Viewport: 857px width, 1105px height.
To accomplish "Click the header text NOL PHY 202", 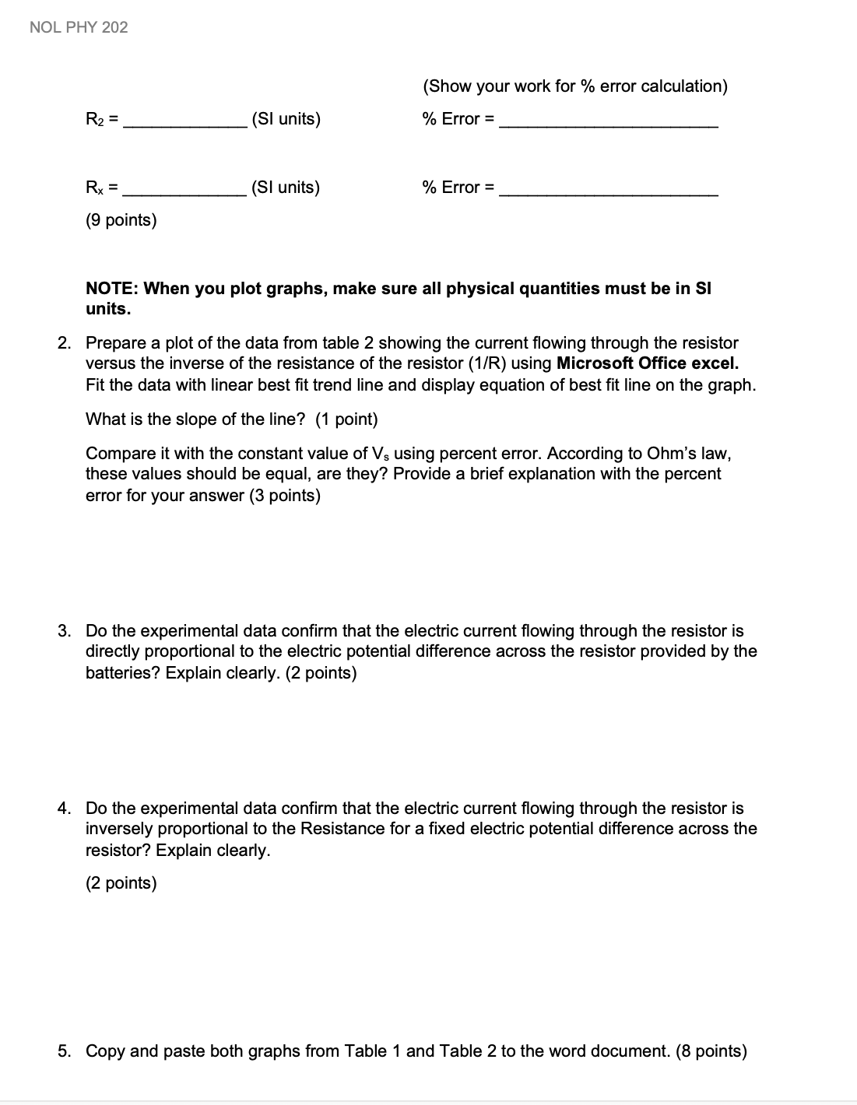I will (79, 27).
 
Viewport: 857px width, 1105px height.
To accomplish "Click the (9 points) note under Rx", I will (121, 220).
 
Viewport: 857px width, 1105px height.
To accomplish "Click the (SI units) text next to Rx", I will (285, 188).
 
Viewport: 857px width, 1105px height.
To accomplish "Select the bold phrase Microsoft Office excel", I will (648, 363).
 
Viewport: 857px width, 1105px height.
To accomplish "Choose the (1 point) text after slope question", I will (346, 419).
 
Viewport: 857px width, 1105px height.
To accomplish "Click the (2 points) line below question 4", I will (121, 883).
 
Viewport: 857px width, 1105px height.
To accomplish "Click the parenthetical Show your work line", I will (574, 86).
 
